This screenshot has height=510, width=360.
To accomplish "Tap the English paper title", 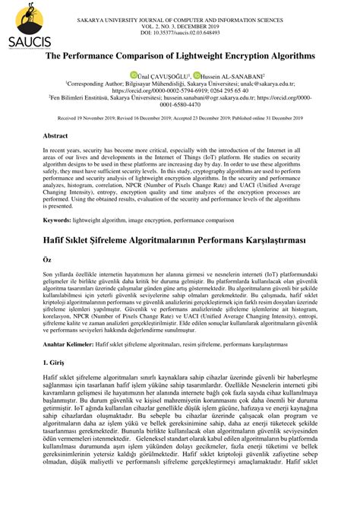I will pyautogui.click(x=180, y=57).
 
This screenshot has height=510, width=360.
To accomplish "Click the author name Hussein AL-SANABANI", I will pyautogui.click(x=232, y=76).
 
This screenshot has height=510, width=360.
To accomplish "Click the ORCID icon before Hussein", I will pyautogui.click(x=197, y=76).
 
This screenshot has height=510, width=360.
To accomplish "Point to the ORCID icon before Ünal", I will pyautogui.click(x=133, y=76).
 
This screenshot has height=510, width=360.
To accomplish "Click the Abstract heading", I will pyautogui.click(x=58, y=135).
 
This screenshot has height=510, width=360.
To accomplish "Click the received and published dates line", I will pyautogui.click(x=180, y=119).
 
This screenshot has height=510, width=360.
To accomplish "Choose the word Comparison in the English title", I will pyautogui.click(x=119, y=57).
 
